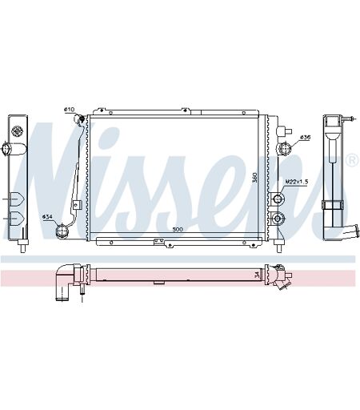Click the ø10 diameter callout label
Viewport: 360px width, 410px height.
[x=69, y=110]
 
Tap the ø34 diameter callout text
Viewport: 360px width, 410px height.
[x=47, y=217]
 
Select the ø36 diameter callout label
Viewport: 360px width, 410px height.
[x=305, y=137]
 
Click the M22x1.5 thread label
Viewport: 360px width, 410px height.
[x=297, y=182]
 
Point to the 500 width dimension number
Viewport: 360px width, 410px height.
[x=178, y=229]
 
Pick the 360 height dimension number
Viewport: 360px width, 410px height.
[x=254, y=178]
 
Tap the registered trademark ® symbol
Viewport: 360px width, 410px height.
[x=352, y=160]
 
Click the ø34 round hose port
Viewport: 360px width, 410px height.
[x=61, y=231]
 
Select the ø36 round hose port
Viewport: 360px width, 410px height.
[x=284, y=148]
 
